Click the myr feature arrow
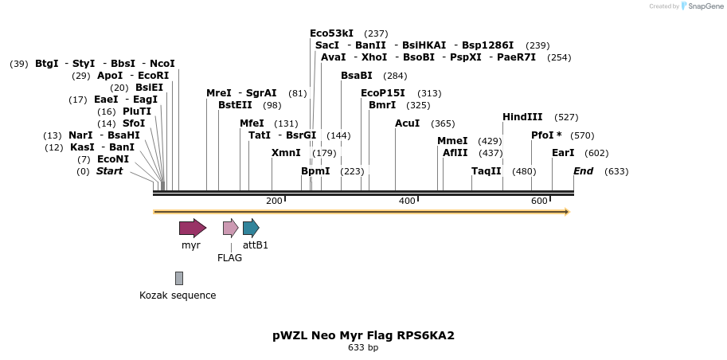192,228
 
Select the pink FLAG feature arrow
230,228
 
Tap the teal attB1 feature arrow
251,228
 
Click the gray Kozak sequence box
179,278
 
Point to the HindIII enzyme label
522,117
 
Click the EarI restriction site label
563,153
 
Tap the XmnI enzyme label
286,153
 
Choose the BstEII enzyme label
235,105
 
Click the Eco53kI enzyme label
331,33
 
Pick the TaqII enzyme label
487,171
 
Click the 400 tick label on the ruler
407,201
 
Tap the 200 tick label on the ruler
274,201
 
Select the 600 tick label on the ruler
539,201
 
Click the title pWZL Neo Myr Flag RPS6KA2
363,335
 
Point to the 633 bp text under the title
363,348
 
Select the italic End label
584,171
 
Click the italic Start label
110,171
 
